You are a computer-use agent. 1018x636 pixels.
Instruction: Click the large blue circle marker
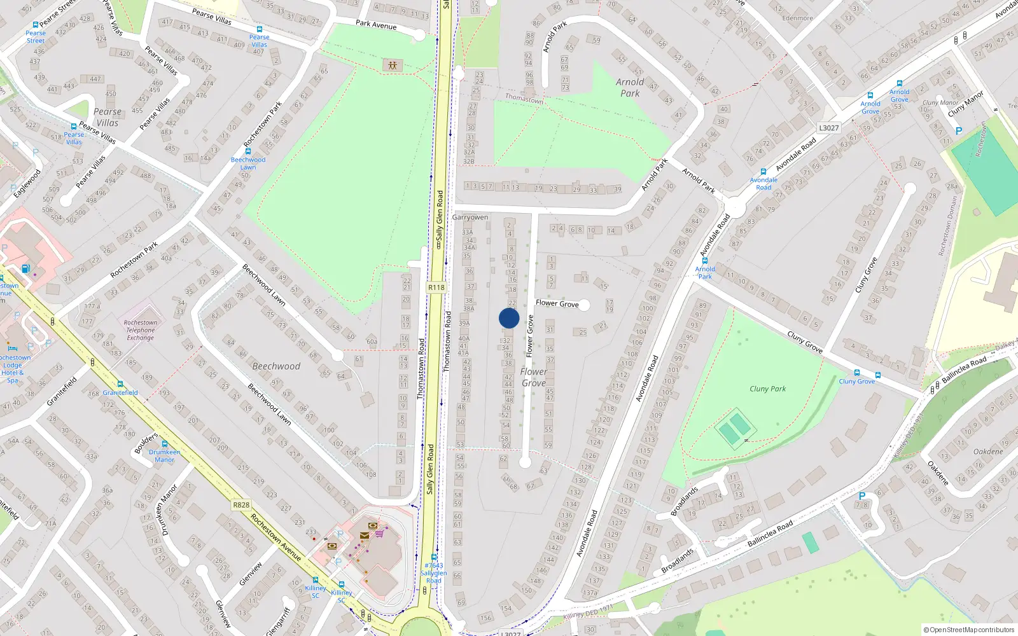point(509,318)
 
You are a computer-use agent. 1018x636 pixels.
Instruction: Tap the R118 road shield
point(436,287)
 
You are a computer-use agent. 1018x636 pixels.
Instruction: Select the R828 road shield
point(241,505)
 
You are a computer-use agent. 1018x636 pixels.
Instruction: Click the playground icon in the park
point(393,65)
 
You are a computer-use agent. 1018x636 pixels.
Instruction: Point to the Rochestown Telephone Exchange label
point(141,330)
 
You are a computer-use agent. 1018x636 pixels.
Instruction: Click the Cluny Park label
point(767,389)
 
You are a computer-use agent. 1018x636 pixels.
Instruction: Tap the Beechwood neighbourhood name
point(276,366)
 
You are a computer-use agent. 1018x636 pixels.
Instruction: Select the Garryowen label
point(470,218)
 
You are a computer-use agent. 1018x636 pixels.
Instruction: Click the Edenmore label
point(797,18)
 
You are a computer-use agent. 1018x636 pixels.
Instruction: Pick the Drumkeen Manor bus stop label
point(164,456)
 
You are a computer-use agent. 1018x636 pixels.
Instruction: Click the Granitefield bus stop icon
point(120,384)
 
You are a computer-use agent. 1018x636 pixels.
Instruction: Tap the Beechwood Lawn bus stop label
point(248,163)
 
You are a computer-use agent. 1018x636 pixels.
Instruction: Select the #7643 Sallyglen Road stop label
point(433,572)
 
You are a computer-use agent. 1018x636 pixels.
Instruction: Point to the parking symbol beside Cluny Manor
point(959,131)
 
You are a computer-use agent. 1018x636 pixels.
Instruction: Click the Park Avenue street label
point(376,25)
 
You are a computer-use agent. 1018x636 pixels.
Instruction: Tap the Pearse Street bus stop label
point(36,37)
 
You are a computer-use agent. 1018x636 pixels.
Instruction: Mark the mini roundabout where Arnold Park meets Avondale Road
point(735,207)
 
